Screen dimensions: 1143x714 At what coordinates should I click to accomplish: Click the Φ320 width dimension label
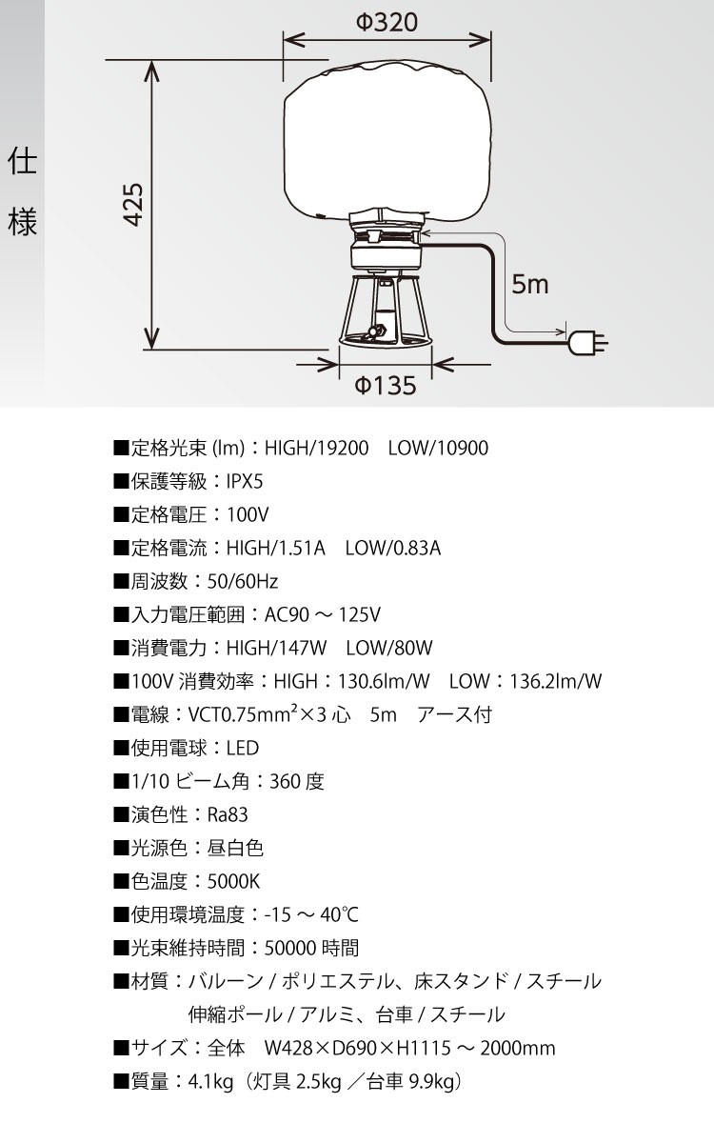387,23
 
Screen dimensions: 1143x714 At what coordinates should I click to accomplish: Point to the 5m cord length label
530,283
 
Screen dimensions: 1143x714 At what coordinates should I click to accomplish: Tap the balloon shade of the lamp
387,138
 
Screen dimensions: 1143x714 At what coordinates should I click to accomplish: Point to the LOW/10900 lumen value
438,448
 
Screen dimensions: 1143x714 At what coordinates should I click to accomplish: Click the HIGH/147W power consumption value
276,648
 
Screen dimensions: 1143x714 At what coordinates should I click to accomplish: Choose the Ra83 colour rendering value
227,814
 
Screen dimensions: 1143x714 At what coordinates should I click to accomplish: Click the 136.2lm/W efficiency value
555,681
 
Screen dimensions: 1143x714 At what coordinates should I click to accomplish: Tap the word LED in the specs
242,748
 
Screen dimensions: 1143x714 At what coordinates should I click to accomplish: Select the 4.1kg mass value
211,1081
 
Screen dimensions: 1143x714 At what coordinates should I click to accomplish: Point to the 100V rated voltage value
248,514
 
